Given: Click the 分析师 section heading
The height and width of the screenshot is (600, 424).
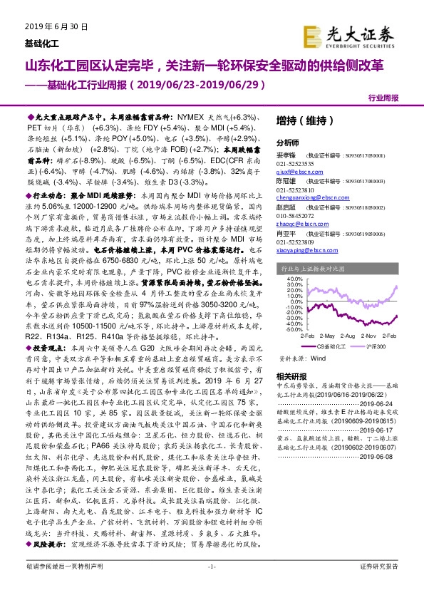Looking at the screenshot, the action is pyautogui.click(x=289, y=142).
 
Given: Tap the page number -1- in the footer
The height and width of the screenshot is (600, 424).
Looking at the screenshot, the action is pyautogui.click(x=211, y=586).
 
